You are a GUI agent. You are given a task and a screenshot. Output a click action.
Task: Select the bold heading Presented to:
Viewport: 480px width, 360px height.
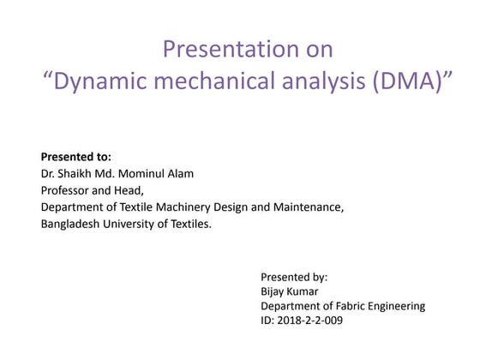(x=76, y=157)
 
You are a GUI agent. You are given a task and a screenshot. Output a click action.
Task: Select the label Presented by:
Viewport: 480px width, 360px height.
(x=294, y=278)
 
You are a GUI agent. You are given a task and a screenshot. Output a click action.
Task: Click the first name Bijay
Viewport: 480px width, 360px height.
(x=276, y=292)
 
